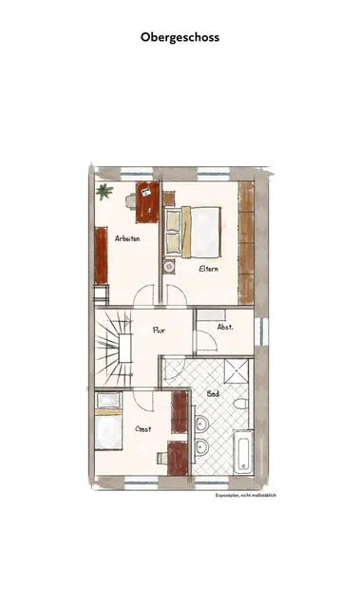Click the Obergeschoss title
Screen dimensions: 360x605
180,37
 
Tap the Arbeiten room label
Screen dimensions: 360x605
127,238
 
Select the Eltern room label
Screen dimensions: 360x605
209,269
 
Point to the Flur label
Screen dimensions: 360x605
159,331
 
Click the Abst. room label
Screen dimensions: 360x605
225,327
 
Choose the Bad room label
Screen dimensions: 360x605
213,393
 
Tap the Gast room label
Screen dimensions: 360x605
143,428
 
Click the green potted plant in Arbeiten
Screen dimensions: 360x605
104,192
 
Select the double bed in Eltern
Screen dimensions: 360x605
193,233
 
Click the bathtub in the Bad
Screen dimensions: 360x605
243,452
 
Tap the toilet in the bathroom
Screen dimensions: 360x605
241,404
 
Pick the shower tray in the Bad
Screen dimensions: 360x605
237,370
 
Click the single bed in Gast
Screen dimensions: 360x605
108,421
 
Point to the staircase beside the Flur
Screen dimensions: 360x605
114,348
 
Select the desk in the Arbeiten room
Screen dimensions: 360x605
147,201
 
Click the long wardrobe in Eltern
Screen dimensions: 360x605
246,243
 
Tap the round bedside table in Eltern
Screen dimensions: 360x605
169,266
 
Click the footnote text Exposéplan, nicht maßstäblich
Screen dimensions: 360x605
246,495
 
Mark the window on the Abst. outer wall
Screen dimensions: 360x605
263,331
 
